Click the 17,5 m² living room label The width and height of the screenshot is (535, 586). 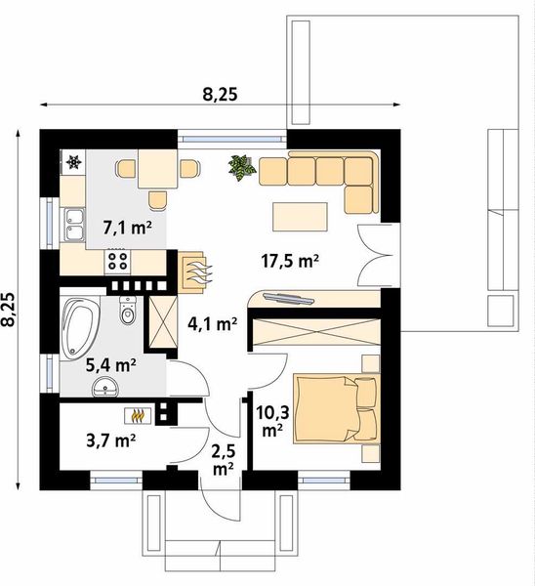[x=291, y=261]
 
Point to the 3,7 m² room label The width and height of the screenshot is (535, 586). [x=109, y=439]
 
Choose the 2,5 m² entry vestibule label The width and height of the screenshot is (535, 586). [x=223, y=459]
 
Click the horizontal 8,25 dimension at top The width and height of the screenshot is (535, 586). [x=220, y=95]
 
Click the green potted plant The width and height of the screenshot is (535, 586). [x=241, y=167]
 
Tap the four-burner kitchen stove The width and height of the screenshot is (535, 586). [x=117, y=260]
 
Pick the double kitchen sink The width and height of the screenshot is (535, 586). [x=73, y=226]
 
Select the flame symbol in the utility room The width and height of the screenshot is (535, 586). [x=142, y=417]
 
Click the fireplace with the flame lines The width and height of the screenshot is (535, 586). [x=192, y=270]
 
